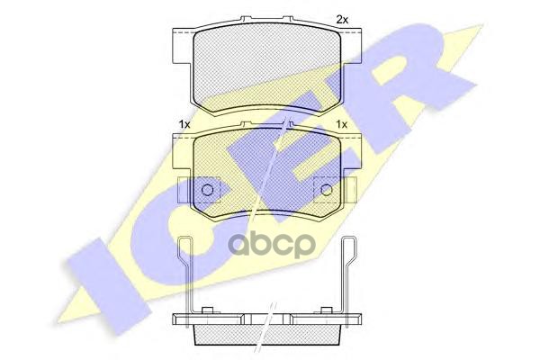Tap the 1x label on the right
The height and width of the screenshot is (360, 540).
click(x=341, y=124)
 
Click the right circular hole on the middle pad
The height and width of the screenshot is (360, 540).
click(x=326, y=190)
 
